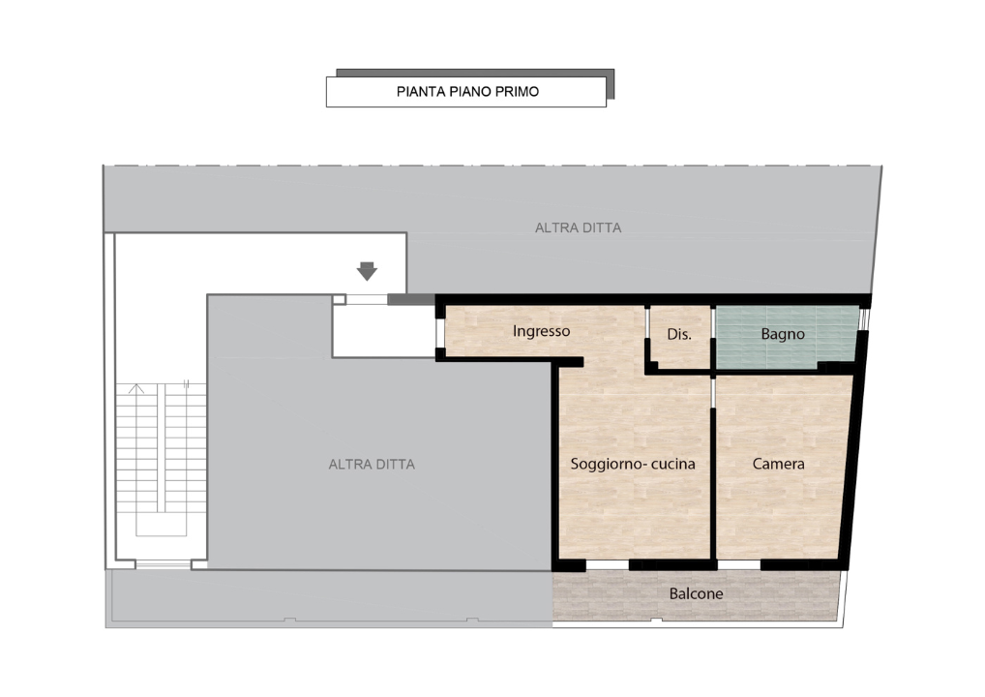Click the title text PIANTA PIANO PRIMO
point(467,92)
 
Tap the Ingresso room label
point(541,331)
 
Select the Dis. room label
point(679,334)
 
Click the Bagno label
point(783,334)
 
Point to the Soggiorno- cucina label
point(633,464)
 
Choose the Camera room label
point(778,464)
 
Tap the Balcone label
point(696,594)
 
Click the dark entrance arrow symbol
point(367,271)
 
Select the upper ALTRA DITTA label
point(578,228)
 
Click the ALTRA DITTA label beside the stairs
point(372,465)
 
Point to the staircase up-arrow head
point(136,388)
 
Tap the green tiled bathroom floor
point(787,337)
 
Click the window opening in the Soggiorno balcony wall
point(607,565)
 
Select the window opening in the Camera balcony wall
point(739,565)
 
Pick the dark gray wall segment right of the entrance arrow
point(411,300)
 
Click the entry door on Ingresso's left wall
point(439,332)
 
